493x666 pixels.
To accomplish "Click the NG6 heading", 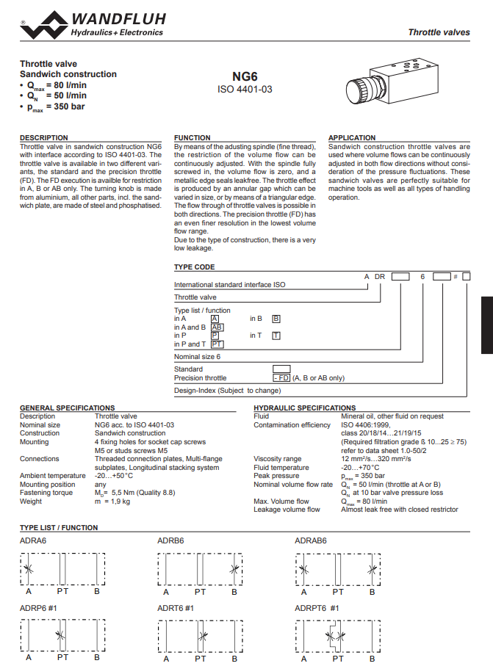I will coord(245,76).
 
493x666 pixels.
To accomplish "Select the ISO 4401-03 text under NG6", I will coord(245,89).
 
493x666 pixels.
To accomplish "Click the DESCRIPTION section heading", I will coord(43,138).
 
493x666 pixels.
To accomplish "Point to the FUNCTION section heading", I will coord(192,138).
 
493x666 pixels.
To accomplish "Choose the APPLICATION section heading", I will coord(352,138).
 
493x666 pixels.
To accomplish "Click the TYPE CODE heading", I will coord(194,267).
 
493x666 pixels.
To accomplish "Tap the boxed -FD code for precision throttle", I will coord(281,377).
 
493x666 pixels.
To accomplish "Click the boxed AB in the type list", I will coord(217,327).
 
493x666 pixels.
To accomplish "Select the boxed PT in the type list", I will coord(217,344).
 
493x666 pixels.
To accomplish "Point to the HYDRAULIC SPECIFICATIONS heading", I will coord(304,408).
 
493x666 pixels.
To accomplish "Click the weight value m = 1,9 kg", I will coord(112,502).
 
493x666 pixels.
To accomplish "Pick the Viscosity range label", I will coord(277,459).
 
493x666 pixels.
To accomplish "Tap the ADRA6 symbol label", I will coord(34,541).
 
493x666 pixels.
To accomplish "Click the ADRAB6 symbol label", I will coord(311,541).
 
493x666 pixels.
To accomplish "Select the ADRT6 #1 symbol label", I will coord(176,608).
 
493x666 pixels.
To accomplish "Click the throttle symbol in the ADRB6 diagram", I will coord(234,568).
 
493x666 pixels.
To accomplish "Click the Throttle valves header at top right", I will coord(439,32).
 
